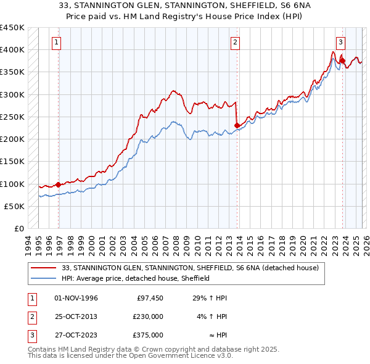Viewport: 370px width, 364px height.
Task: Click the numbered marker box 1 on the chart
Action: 57,43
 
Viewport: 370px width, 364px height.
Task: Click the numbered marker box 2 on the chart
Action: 236,43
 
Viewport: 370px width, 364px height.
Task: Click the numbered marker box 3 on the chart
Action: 340,43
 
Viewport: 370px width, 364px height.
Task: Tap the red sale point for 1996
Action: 59,184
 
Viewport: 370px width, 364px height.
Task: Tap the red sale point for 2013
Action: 237,126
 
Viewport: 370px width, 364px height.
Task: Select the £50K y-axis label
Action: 15,206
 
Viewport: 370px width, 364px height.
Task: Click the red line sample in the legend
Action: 44,268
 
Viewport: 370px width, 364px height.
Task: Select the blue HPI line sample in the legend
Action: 44,278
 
